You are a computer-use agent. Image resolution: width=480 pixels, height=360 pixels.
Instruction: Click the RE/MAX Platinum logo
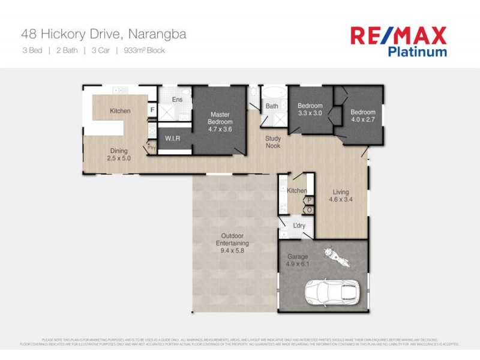click(x=398, y=40)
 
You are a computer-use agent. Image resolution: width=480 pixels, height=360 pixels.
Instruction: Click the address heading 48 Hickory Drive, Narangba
click(x=104, y=34)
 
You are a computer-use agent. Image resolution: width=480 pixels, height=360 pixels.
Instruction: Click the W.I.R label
click(x=173, y=139)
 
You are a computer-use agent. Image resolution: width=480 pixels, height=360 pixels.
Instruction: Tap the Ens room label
click(x=177, y=100)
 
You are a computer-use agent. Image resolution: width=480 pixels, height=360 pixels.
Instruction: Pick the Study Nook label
click(x=273, y=142)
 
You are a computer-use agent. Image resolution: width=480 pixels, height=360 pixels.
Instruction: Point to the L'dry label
click(x=299, y=226)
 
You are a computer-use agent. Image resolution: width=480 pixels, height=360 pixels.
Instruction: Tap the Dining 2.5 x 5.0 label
click(x=119, y=155)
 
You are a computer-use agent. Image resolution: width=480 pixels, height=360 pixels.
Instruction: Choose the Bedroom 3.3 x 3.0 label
click(x=310, y=110)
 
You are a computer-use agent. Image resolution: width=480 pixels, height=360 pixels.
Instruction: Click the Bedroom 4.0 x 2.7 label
click(x=363, y=116)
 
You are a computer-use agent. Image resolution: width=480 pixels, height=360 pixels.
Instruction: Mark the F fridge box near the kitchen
click(x=152, y=110)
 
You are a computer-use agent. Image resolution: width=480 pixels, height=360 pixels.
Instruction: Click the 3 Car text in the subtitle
click(x=100, y=50)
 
